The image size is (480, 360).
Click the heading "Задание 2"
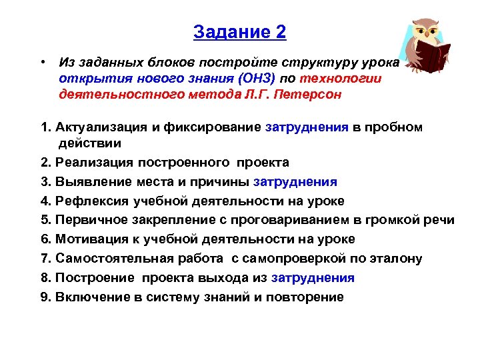click(x=239, y=32)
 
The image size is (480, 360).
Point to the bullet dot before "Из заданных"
click(x=41, y=62)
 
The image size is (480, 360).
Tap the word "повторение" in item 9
click(x=305, y=297)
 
